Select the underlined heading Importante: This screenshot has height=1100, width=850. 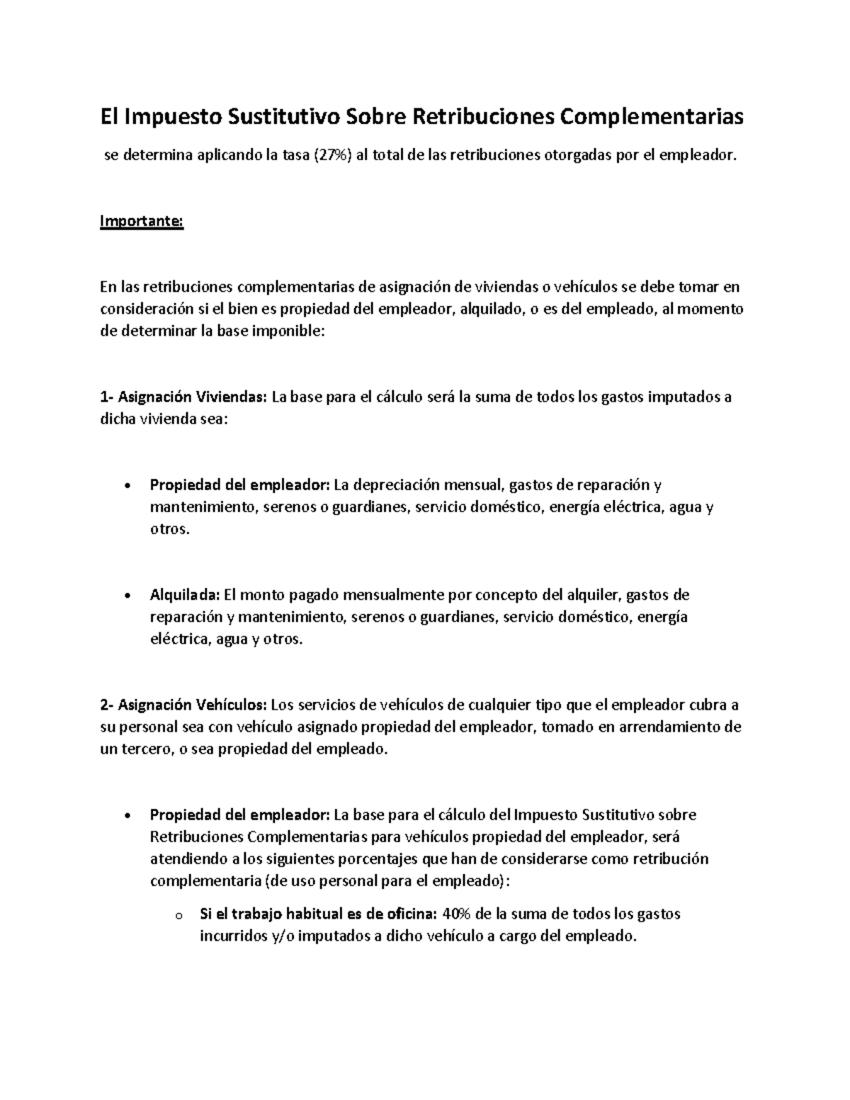point(142,221)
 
